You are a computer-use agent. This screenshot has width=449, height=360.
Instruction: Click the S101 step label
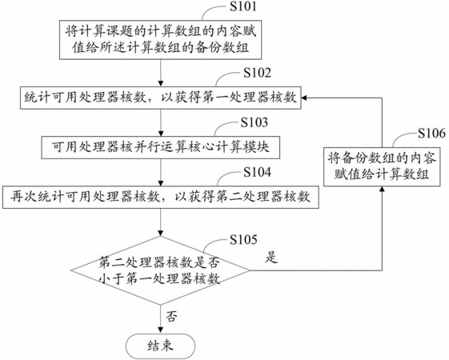pos(243,6)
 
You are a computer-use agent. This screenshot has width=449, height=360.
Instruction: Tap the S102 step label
pos(257,73)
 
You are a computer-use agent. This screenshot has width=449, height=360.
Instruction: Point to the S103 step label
pos(255,122)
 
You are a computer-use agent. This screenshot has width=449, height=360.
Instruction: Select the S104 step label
pos(257,172)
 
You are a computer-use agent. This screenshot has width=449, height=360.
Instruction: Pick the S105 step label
pos(243,239)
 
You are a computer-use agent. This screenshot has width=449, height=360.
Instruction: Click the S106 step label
pos(431,133)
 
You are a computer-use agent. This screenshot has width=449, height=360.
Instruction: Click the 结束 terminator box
pos(161,346)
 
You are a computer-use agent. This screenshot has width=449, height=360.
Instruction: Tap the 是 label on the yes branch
pos(271,257)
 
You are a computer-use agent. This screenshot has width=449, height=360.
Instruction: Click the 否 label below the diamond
pos(171,316)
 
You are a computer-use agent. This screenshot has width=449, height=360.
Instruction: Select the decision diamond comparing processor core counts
pos(160,270)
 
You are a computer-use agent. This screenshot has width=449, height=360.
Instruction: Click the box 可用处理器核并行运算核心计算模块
pos(161,147)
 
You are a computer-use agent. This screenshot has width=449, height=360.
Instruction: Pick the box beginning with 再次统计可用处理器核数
pos(161,197)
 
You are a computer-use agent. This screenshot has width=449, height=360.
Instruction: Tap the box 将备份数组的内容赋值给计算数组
pos(382,167)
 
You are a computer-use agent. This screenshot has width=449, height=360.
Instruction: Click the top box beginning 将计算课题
pos(160,40)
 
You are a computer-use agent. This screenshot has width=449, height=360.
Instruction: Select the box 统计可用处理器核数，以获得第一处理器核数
pos(160,98)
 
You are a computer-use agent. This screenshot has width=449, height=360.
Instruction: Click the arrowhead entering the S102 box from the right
pos(304,98)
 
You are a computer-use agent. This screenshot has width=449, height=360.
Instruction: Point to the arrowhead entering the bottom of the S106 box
pos(382,190)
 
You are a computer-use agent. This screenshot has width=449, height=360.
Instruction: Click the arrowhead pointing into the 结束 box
pos(161,330)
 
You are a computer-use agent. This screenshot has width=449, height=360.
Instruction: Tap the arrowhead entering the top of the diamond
pos(161,233)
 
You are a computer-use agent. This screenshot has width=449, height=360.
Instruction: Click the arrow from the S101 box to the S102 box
pos(161,73)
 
